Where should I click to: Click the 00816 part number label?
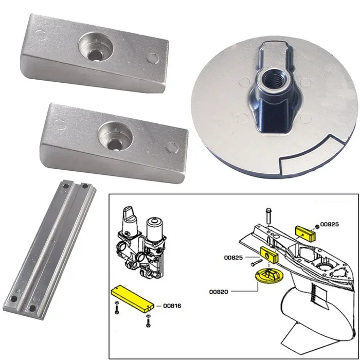pyautogui.click(x=173, y=305)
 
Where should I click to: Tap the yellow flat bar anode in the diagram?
pyautogui.click(x=132, y=298)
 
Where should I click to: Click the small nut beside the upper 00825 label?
pyautogui.click(x=317, y=225)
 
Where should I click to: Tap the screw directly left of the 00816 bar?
pyautogui.click(x=117, y=310)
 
